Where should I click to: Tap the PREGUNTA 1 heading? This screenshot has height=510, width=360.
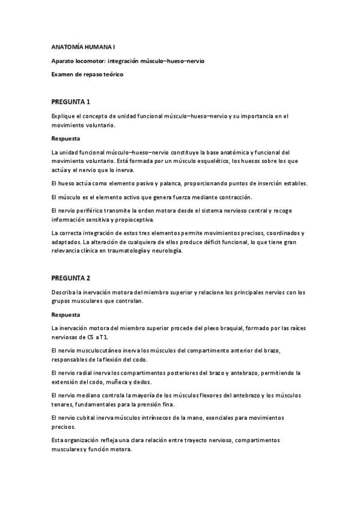[71, 102]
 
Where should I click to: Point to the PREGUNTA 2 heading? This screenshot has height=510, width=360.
[71, 278]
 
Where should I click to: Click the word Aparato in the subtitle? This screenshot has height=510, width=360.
[63, 61]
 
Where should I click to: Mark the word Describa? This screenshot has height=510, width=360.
[64, 292]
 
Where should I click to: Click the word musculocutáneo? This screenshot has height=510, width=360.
[100, 350]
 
